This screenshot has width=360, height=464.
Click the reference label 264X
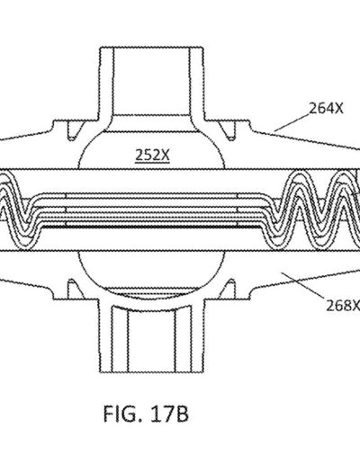[326, 109]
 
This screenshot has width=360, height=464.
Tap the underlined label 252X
[152, 156]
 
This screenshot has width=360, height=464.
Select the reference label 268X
[343, 306]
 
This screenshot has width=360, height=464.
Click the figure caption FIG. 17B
[146, 414]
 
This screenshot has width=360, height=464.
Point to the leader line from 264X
[292, 122]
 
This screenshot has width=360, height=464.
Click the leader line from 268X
[302, 285]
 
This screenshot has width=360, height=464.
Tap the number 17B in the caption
[169, 414]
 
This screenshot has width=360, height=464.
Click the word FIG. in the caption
[122, 414]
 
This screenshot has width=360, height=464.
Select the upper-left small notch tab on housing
[74, 130]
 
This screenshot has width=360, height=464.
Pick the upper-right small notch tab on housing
[229, 130]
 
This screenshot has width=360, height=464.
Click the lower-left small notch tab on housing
[73, 289]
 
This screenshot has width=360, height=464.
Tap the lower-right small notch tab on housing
[229, 289]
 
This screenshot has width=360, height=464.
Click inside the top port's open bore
[152, 81]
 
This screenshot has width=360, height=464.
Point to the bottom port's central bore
[151, 342]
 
